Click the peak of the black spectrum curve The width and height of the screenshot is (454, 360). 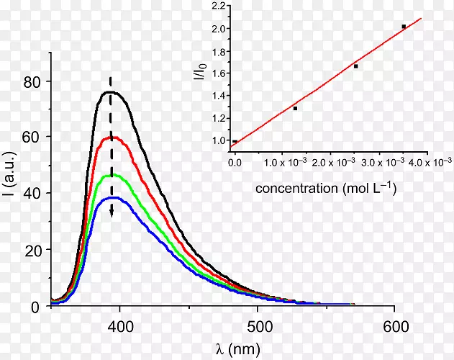point(110,92)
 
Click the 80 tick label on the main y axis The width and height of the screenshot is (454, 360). point(32,81)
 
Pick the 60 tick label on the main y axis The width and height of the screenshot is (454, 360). point(32,138)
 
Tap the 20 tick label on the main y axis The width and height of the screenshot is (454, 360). point(32,250)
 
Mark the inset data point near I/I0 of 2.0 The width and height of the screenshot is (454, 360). point(404,27)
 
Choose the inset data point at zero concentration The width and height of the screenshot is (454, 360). point(235,141)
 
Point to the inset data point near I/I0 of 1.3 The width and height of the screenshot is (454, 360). point(295,108)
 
